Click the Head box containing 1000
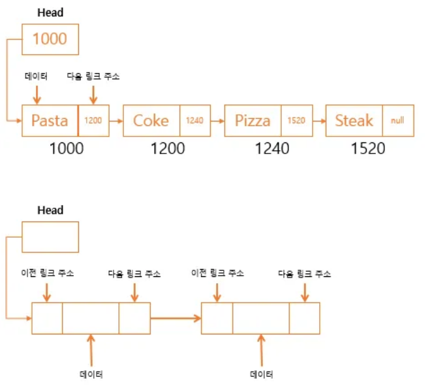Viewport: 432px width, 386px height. tap(50, 39)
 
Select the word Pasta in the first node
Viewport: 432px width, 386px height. tap(50, 121)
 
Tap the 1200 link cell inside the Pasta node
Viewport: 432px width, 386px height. tap(93, 121)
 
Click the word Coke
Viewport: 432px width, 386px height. tap(151, 121)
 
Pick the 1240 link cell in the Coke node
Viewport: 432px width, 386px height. tap(194, 121)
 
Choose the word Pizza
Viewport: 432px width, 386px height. tap(253, 121)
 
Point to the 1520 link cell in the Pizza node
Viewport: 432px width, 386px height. tap(296, 121)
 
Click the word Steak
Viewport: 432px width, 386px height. tap(354, 121)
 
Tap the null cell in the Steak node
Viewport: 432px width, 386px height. tap(397, 121)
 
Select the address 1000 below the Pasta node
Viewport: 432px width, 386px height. tap(67, 148)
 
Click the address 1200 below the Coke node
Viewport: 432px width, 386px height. tap(168, 148)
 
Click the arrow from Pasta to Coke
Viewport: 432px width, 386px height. tap(116, 121)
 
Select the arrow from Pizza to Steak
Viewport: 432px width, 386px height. tap(318, 121)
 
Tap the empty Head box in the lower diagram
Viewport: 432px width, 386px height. tap(50, 236)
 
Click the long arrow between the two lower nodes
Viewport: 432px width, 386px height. tap(176, 318)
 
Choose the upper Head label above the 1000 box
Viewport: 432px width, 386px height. tap(50, 12)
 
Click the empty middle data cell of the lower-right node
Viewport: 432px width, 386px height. tap(260, 318)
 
